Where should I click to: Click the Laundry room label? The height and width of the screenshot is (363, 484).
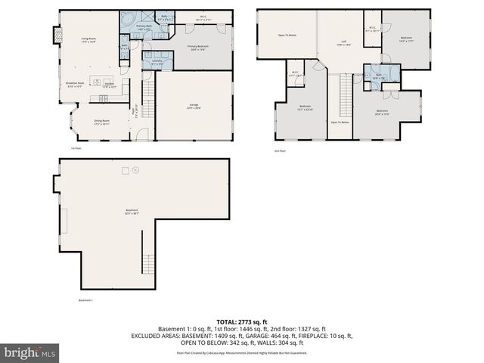pyautogui.click(x=157, y=61)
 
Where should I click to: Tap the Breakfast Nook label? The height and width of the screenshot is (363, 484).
pyautogui.click(x=74, y=85)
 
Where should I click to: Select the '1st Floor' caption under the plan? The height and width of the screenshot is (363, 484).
pyautogui.click(x=76, y=149)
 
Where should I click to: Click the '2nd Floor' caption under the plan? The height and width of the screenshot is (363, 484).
pyautogui.click(x=281, y=150)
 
